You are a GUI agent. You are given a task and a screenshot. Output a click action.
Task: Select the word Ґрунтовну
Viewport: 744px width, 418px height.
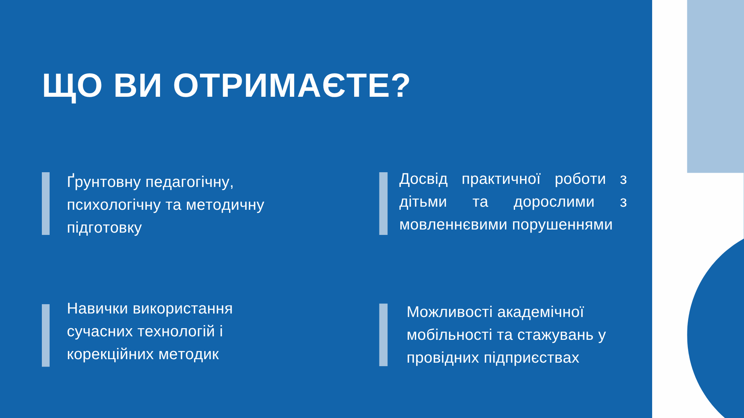(x=104, y=182)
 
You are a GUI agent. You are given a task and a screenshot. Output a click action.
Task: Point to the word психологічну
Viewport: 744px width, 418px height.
(x=114, y=205)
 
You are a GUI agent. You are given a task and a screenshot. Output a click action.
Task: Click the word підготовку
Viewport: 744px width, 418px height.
(x=104, y=228)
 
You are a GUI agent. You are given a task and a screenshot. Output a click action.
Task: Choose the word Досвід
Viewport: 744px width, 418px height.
(x=423, y=178)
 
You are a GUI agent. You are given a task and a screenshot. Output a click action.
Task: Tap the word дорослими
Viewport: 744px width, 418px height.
(x=554, y=202)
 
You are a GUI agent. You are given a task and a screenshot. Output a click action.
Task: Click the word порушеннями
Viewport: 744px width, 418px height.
(x=562, y=224)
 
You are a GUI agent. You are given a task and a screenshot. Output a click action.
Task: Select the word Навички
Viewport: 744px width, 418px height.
(x=97, y=308)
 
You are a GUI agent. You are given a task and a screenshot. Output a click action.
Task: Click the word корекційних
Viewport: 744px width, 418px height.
(x=110, y=354)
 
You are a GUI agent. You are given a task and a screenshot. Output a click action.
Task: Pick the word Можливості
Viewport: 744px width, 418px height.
(x=449, y=312)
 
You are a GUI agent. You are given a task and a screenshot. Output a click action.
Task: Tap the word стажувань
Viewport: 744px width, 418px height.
(x=555, y=335)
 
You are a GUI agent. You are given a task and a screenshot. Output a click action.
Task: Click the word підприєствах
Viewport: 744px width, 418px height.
(x=531, y=358)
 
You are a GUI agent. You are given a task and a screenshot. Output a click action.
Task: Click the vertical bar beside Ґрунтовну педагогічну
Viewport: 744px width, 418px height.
(x=46, y=204)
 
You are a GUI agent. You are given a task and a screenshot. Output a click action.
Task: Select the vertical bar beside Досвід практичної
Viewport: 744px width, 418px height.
(x=383, y=204)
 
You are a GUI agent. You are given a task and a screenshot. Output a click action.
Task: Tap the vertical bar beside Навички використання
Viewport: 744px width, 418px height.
(x=46, y=335)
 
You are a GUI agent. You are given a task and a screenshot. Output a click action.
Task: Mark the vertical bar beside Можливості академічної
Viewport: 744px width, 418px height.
(x=383, y=335)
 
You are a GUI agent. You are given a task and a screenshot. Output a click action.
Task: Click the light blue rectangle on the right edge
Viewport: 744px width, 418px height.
(x=715, y=86)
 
